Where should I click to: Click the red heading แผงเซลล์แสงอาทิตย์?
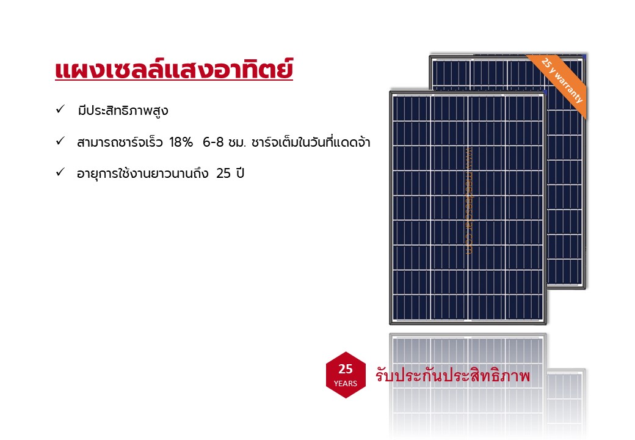(174, 70)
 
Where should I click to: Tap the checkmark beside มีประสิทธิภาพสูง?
(60, 110)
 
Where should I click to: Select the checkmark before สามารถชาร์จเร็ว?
(60, 141)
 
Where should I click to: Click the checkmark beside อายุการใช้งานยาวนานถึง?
(60, 172)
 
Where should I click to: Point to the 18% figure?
(181, 142)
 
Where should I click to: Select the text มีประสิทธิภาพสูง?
(123, 111)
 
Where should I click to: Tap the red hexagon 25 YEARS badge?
(346, 375)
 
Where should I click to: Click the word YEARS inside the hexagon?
(346, 384)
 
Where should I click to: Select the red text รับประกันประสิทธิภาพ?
(452, 376)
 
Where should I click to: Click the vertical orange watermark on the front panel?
(469, 199)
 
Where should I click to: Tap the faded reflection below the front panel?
(468, 379)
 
